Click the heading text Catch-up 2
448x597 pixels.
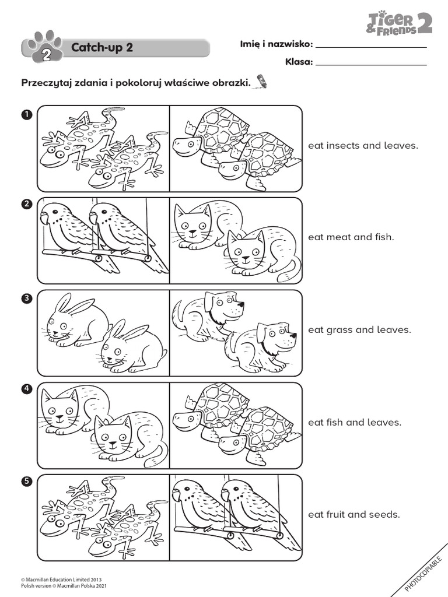101,47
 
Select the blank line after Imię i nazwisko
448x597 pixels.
370,45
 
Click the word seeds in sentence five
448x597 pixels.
386,514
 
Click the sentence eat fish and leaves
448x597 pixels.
355,422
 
